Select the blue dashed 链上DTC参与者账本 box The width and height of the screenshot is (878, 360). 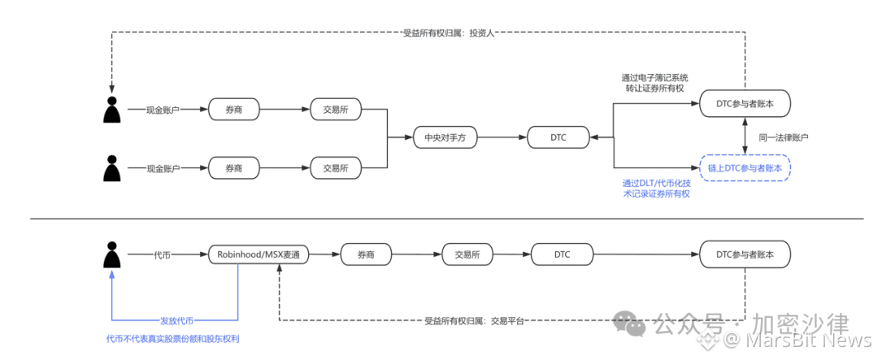745,167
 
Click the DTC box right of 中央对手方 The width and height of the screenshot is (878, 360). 559,138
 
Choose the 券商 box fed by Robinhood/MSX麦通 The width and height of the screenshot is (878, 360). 366,254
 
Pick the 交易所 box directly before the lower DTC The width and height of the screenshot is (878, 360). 467,254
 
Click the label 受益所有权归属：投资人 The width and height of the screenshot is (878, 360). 449,33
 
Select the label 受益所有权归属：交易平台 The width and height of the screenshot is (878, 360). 474,320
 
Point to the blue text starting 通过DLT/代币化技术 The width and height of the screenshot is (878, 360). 655,189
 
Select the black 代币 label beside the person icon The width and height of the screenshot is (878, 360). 163,254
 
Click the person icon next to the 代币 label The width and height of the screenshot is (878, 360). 113,254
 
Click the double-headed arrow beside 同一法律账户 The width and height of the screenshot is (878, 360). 745,137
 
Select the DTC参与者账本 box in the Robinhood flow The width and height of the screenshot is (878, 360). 745,254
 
